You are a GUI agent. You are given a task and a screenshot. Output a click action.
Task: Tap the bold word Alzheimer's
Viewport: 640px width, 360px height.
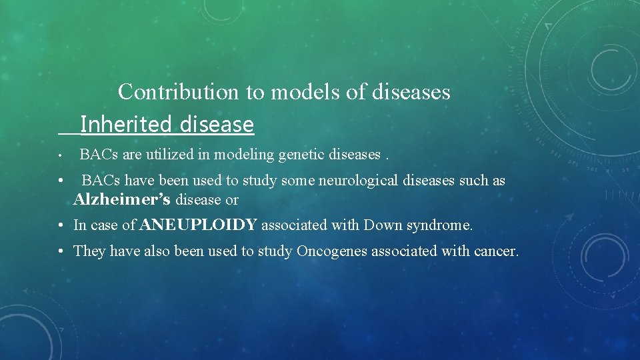(x=122, y=200)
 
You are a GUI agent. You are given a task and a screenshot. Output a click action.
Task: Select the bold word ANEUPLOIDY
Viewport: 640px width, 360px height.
(x=199, y=225)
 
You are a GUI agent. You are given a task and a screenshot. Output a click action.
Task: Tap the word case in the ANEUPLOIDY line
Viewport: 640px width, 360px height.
(x=104, y=225)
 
